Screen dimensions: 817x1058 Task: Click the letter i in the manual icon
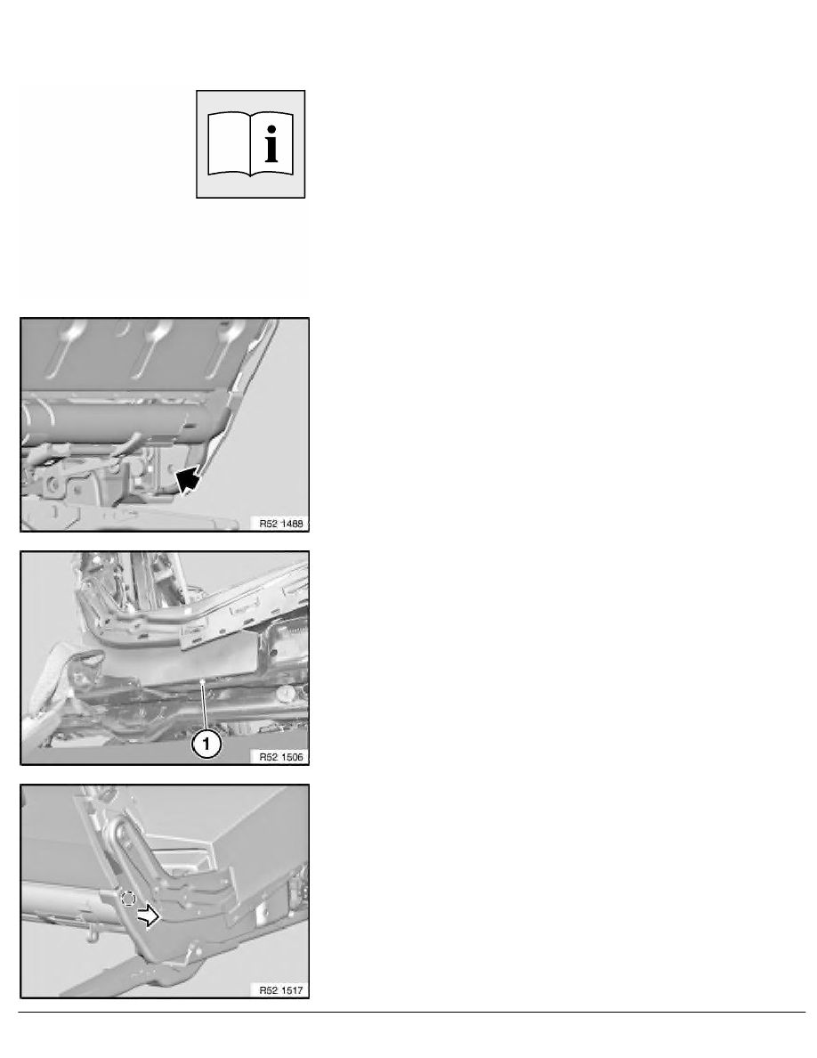point(271,143)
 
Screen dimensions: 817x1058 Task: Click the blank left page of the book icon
point(229,143)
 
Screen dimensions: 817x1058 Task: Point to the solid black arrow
point(188,480)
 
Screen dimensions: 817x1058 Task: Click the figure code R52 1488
point(281,523)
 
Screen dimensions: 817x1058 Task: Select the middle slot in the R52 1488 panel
point(151,346)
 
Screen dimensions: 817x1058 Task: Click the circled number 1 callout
point(206,745)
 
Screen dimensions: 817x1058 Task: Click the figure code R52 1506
point(281,757)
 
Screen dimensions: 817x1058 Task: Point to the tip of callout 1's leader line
point(202,681)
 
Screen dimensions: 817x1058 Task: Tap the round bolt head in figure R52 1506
point(287,693)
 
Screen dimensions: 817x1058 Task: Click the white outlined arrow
point(148,915)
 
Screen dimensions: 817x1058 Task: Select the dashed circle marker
point(128,898)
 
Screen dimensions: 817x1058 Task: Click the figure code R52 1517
point(281,990)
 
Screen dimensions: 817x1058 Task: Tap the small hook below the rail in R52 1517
point(93,933)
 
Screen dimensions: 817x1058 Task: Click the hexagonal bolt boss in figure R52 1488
point(52,483)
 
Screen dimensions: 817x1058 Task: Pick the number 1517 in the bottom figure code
point(292,990)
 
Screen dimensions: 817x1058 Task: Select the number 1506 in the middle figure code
point(292,757)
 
